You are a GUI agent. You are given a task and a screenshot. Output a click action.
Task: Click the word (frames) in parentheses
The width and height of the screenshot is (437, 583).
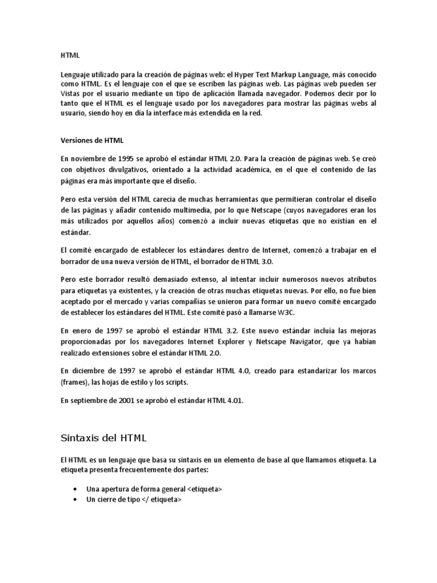tap(75, 381)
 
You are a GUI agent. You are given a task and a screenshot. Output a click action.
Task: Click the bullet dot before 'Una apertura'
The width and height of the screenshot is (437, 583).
tap(76, 489)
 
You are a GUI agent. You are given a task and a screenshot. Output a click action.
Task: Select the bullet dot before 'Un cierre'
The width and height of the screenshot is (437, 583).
tap(76, 499)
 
